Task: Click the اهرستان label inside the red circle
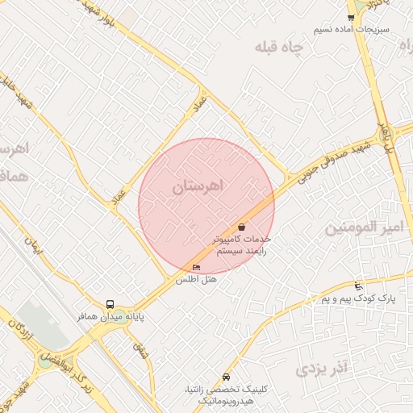(196, 187)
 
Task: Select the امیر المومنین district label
(362, 229)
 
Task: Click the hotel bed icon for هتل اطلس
(197, 267)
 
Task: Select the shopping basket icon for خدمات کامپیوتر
(242, 227)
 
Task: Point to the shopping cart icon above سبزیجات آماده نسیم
(350, 17)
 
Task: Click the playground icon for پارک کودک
(358, 286)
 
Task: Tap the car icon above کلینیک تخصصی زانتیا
(225, 378)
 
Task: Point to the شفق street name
(143, 352)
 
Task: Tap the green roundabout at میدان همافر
(119, 316)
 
